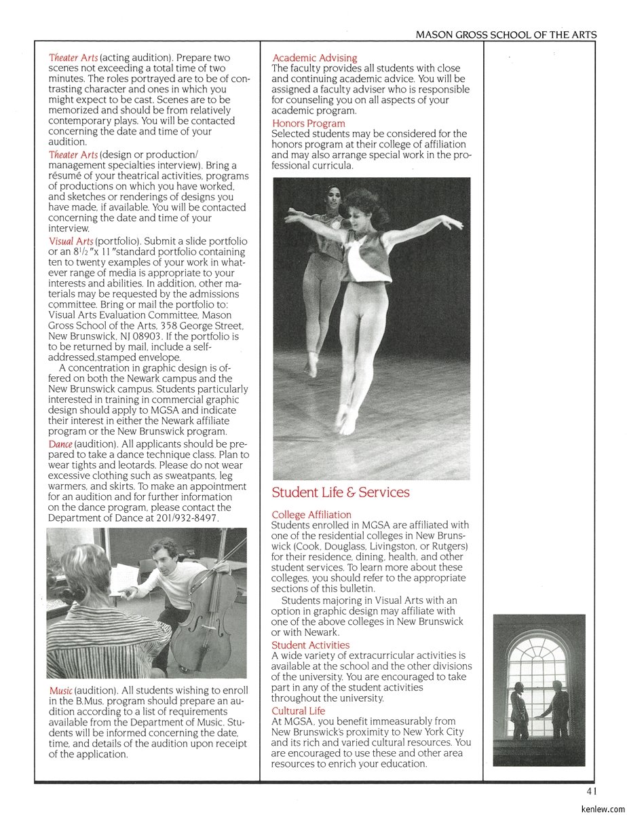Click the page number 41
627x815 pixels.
pos(592,791)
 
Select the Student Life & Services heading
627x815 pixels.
pos(341,492)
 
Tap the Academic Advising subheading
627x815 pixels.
pos(314,58)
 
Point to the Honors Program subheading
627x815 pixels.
pos(308,124)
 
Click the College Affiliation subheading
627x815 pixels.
pos(311,515)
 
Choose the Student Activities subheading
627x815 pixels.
pos(310,645)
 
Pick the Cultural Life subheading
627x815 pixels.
pos(298,711)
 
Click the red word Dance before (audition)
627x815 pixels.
pos(60,444)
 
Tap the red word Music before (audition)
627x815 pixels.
pos(60,691)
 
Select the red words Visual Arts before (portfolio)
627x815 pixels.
pos(71,241)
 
